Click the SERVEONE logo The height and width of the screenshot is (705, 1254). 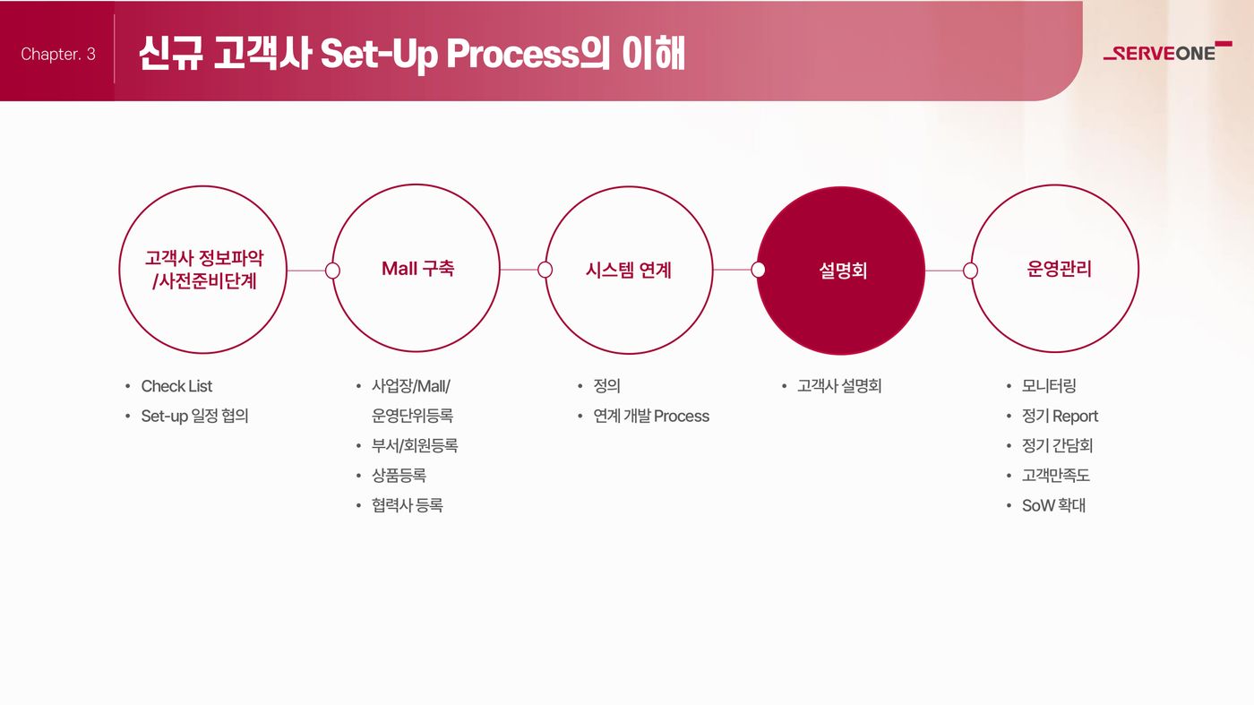[1167, 52]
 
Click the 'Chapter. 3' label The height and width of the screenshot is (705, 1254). [58, 55]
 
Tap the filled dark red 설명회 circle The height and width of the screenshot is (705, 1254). [841, 271]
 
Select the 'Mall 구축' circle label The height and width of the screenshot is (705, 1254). [417, 269]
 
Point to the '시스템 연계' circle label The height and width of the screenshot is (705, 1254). [628, 271]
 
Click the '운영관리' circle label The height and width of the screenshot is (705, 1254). [1059, 270]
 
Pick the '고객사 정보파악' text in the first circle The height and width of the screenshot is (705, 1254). [204, 258]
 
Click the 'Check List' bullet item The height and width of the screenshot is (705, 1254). [176, 386]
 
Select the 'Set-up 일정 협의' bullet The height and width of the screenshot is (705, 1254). [195, 416]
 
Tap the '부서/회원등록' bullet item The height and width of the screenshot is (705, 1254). [415, 446]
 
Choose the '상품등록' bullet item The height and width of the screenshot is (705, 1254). [399, 476]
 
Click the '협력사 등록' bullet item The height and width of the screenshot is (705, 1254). [408, 505]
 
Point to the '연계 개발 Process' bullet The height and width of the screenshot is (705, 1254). [651, 416]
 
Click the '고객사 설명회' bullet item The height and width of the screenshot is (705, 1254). [839, 386]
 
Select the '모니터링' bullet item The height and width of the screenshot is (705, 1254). [1049, 386]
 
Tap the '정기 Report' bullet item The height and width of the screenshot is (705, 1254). [1060, 416]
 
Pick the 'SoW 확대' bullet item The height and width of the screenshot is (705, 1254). [1053, 505]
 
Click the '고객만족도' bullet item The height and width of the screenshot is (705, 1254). [1056, 476]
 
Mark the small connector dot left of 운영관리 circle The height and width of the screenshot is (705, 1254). [970, 271]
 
